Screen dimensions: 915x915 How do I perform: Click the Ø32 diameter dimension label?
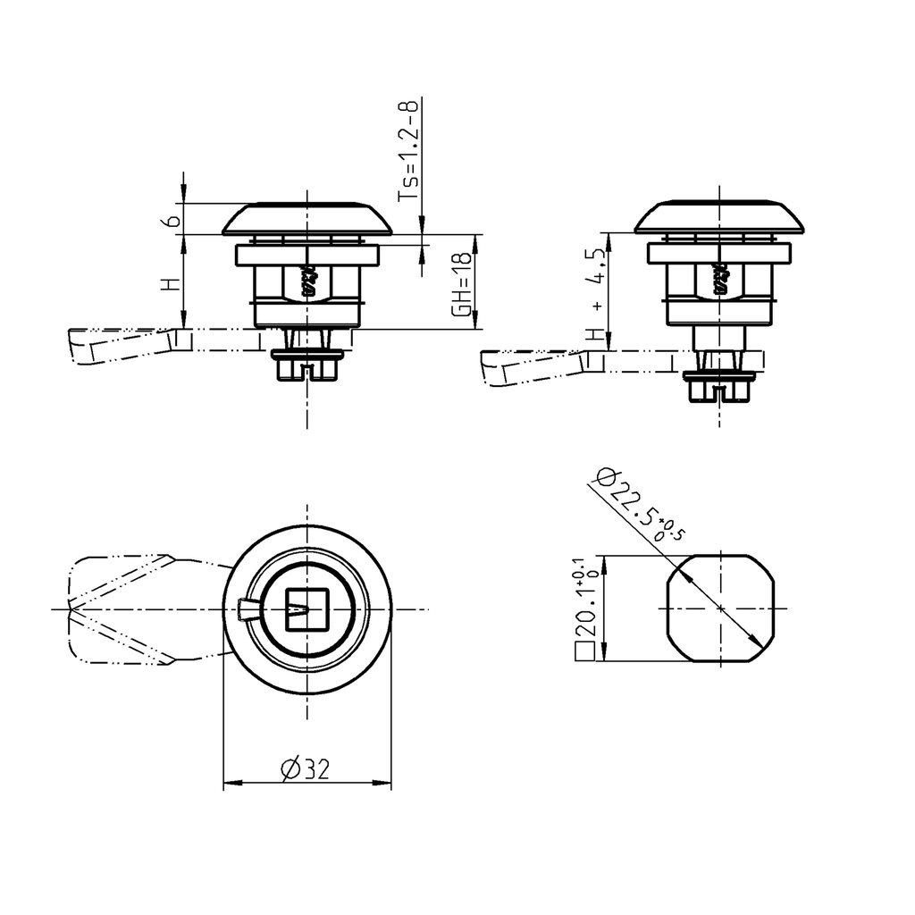tap(305, 768)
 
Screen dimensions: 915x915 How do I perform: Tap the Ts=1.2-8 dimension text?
tap(407, 150)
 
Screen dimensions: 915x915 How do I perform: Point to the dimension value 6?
tap(175, 217)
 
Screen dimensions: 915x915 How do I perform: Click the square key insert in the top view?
tap(306, 609)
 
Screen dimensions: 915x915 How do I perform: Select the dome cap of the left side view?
tap(306, 217)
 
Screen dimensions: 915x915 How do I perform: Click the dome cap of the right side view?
tap(719, 217)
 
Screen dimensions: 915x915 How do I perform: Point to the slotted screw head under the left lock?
tap(306, 366)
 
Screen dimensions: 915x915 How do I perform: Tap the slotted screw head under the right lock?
tap(719, 388)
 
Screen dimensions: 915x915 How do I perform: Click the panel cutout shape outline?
tap(719, 609)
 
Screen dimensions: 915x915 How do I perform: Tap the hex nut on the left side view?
tap(306, 284)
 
